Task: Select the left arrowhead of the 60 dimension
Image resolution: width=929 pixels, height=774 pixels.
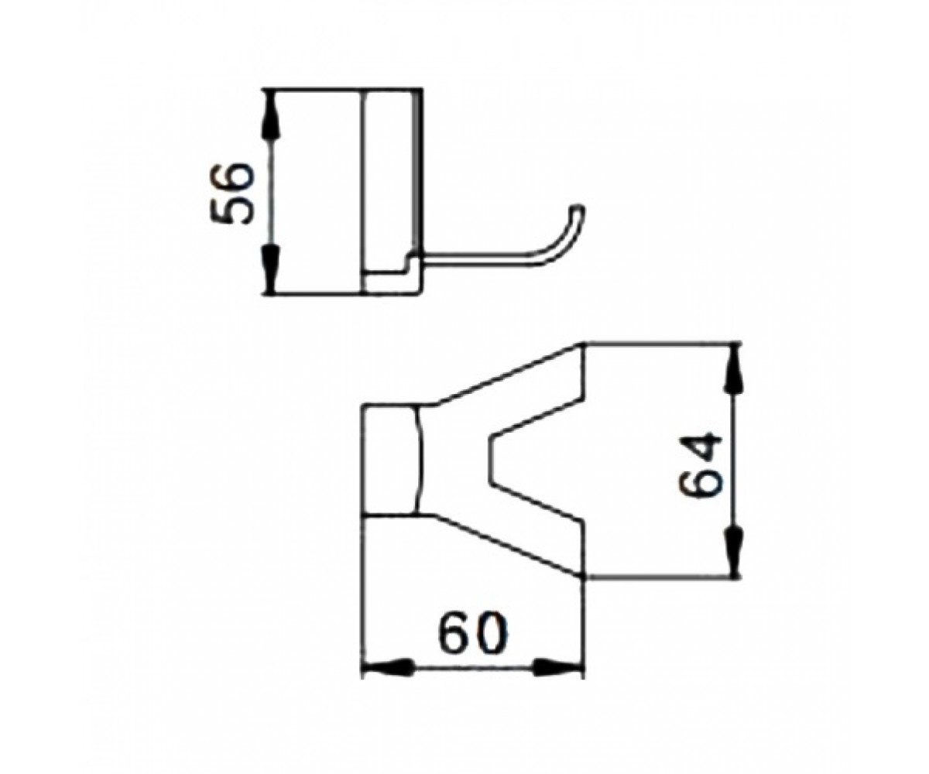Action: [x=388, y=680]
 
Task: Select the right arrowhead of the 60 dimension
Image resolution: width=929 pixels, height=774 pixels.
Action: [x=557, y=680]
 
